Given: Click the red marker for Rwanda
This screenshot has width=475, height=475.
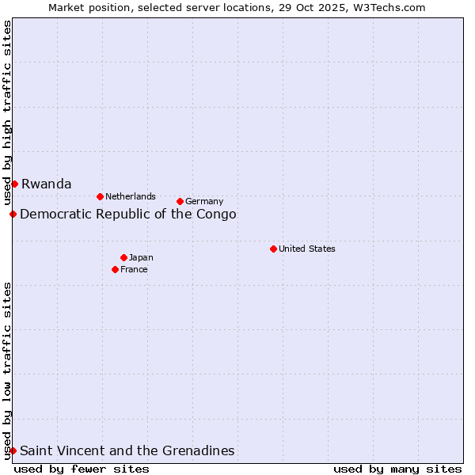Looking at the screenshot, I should (14, 184).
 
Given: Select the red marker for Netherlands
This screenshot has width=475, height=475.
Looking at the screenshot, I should (100, 196).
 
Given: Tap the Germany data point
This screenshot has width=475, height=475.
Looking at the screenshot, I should (180, 201).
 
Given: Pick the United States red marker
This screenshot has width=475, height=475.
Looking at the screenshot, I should (273, 249).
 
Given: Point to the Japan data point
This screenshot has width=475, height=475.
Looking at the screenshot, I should (123, 257).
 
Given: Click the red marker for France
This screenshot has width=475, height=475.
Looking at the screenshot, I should (115, 269).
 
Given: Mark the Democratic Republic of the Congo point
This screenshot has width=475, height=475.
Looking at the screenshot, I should (13, 214).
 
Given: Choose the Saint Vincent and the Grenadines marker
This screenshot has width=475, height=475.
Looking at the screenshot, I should (13, 450).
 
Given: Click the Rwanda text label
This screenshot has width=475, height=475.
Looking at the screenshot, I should (46, 184).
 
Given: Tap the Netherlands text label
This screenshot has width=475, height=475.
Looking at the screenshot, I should (131, 196).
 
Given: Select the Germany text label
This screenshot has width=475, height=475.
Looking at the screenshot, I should (204, 201).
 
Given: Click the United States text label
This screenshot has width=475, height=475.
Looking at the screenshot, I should (307, 249).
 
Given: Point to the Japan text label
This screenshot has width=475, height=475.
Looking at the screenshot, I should (141, 257).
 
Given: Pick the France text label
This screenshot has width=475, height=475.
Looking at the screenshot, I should (134, 269).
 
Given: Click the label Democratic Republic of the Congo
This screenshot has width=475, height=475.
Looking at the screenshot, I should (127, 214).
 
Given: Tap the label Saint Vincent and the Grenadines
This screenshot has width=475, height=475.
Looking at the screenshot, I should (127, 450).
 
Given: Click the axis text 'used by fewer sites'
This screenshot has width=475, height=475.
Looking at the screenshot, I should (82, 469).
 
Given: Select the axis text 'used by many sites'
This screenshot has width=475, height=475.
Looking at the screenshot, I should (397, 469).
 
